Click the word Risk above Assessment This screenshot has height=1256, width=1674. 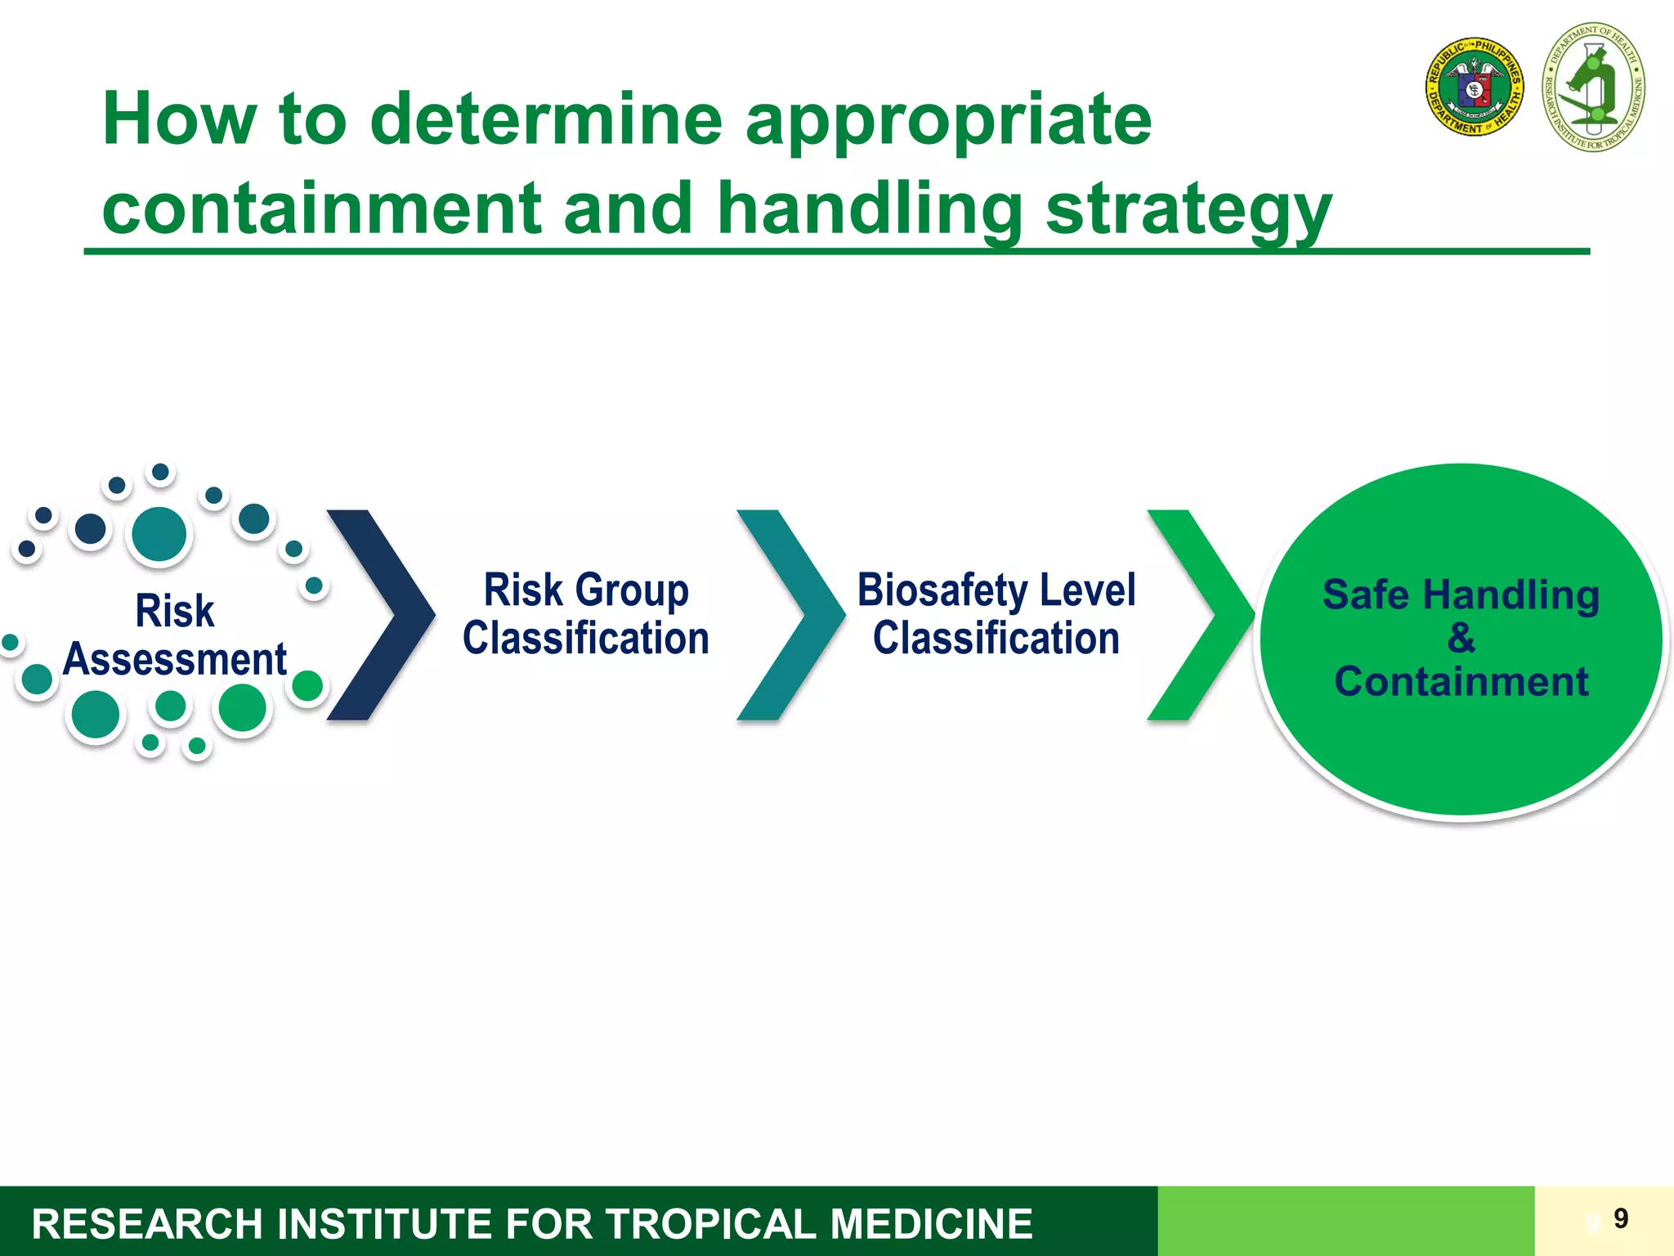click(x=174, y=611)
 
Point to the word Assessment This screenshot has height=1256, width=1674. click(x=174, y=659)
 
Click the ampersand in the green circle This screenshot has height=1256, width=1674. click(x=1461, y=638)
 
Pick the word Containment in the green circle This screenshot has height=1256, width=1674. click(x=1461, y=681)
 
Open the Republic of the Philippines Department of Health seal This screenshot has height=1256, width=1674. click(x=1475, y=87)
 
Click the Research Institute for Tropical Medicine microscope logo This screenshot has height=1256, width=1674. click(x=1593, y=87)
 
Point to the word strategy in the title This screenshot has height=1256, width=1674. click(x=1188, y=209)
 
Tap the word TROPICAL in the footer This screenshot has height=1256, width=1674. click(x=711, y=1224)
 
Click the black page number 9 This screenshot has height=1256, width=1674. click(x=1621, y=1218)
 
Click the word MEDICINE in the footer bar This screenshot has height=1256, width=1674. click(x=932, y=1224)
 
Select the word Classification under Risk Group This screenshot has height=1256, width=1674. click(x=585, y=639)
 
